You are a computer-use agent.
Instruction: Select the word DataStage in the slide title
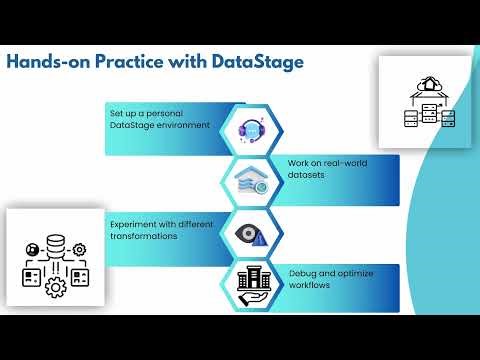coord(258,62)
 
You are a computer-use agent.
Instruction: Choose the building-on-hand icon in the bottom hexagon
coord(251,284)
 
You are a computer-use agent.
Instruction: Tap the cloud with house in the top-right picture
coord(429,85)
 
